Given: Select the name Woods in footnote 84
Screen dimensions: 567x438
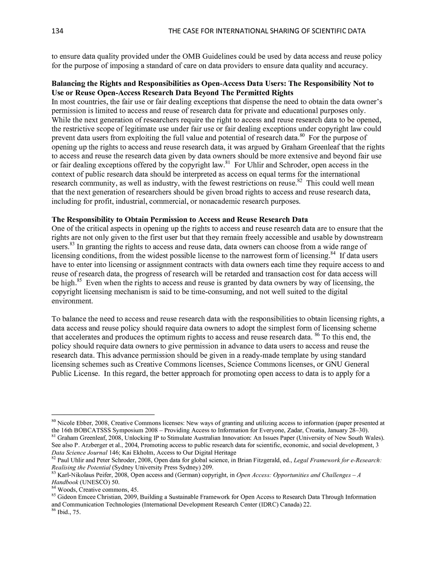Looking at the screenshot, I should tap(66, 490).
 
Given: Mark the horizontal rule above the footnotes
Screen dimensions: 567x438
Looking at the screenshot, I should tap(103, 415).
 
